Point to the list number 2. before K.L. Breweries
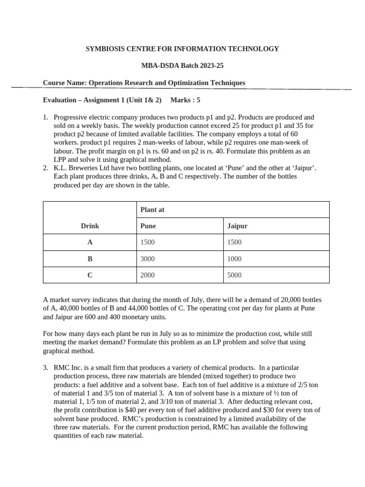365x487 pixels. [46, 168]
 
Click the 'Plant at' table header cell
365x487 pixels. [152, 210]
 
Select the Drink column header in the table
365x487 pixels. [90, 226]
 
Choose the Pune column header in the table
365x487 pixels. [148, 226]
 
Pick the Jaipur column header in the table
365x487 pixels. [238, 226]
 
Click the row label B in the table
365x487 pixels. [90, 259]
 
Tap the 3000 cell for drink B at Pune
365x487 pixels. [147, 259]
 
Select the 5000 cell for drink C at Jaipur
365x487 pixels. [234, 275]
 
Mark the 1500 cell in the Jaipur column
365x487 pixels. [234, 242]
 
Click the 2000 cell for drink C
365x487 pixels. [147, 275]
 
